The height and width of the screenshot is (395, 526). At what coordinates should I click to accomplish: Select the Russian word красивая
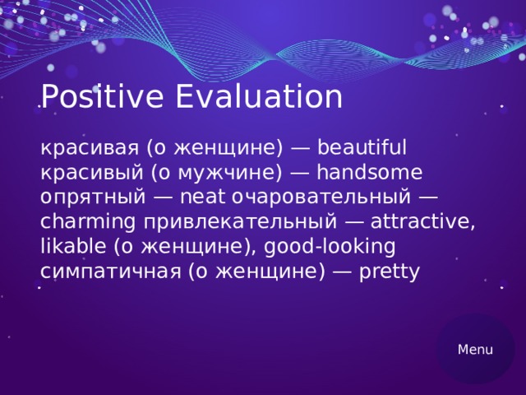(x=89, y=148)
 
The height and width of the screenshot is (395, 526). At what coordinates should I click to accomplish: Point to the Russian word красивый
(x=89, y=173)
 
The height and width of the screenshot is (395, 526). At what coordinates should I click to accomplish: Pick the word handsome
(x=369, y=173)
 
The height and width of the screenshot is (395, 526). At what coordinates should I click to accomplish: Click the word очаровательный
(x=320, y=197)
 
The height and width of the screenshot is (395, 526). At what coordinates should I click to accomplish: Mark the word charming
(x=88, y=222)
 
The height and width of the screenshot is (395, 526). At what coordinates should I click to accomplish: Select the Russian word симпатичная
(x=109, y=272)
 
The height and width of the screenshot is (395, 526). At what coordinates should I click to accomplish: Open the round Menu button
(x=475, y=350)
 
